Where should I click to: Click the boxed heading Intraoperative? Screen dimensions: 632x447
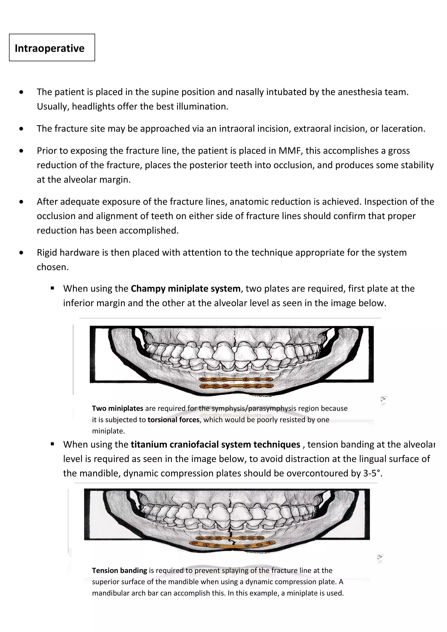click(x=50, y=48)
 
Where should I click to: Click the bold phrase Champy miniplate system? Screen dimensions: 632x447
click(x=186, y=289)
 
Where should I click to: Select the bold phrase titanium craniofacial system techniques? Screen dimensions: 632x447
click(x=215, y=444)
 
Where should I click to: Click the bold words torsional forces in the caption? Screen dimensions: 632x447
click(x=174, y=420)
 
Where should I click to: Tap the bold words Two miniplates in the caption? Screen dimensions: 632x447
click(x=118, y=408)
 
